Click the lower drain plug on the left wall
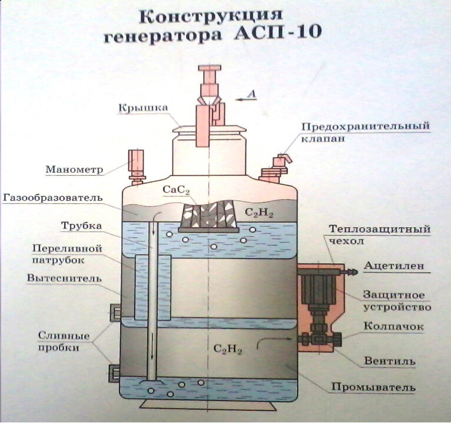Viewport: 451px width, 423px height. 114,372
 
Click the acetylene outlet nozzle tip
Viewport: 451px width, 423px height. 354,271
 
